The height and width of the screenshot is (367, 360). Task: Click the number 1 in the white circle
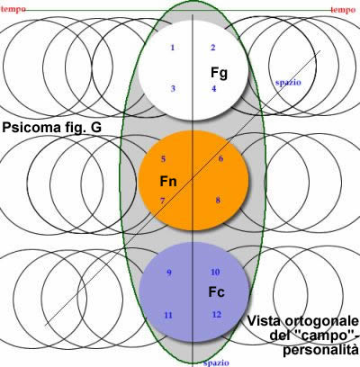(173, 48)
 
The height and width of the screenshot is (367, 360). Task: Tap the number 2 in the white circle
(213, 48)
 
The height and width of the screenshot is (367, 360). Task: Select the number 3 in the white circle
(173, 89)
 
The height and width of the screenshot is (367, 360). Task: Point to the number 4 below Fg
(214, 89)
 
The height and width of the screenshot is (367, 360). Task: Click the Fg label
(219, 73)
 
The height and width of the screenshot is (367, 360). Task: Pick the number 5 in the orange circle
(163, 159)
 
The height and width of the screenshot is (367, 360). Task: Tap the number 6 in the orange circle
(220, 159)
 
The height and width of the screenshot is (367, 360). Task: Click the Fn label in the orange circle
(168, 182)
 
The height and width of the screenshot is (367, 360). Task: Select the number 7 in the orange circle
(162, 201)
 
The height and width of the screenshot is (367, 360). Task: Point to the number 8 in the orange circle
(218, 201)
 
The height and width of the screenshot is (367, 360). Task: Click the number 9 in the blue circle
(169, 273)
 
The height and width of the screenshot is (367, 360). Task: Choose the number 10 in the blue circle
(215, 273)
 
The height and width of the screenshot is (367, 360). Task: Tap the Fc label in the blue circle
(217, 292)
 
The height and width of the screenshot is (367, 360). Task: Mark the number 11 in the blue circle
(168, 316)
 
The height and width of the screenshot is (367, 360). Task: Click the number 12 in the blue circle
(217, 315)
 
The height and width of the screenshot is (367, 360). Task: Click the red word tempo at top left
(13, 9)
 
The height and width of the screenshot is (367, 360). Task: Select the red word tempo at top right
(343, 10)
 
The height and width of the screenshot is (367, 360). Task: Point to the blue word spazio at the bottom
(216, 363)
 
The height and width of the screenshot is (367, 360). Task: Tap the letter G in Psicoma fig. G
(96, 128)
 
